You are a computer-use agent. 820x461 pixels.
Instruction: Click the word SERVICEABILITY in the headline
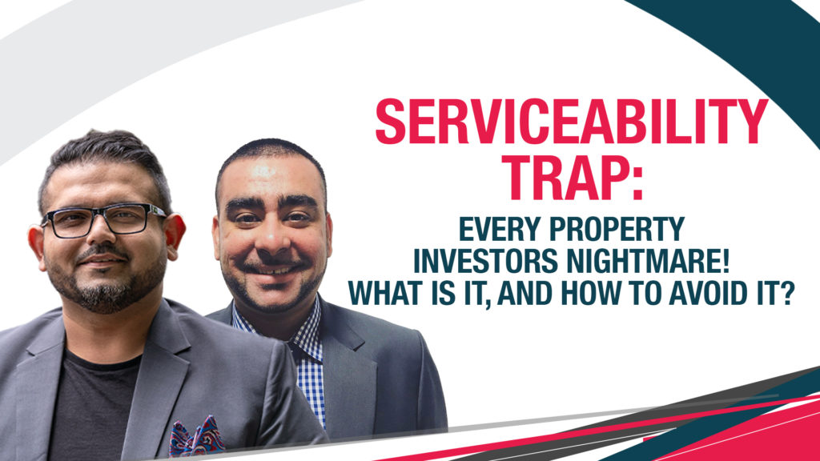click(x=572, y=122)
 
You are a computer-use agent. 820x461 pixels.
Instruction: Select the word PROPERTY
click(x=618, y=229)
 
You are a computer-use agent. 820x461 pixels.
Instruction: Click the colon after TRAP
click(x=637, y=184)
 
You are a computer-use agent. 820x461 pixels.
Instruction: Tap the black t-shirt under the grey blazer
click(x=91, y=407)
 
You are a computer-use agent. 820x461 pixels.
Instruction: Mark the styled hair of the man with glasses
click(x=105, y=157)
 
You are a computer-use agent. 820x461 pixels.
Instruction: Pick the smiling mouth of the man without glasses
click(x=273, y=269)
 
